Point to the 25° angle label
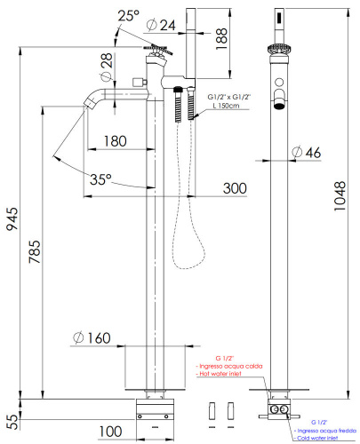click(130, 14)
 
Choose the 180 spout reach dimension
click(115, 141)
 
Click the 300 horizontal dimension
click(234, 187)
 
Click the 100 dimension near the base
click(110, 431)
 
